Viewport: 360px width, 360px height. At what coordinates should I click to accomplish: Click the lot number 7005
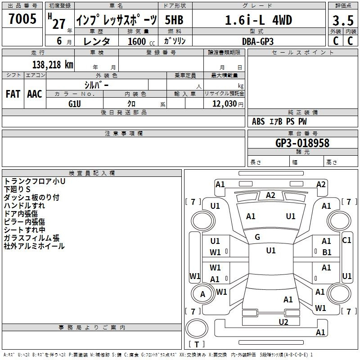click(x=22, y=18)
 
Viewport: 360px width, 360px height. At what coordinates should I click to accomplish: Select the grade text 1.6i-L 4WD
click(x=258, y=20)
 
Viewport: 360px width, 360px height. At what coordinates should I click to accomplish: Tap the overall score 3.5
click(x=343, y=20)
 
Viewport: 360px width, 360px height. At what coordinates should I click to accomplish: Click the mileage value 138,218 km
click(x=53, y=65)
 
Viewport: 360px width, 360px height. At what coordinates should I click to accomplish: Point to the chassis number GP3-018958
click(x=302, y=143)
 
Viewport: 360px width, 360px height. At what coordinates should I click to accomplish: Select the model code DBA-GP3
click(x=258, y=41)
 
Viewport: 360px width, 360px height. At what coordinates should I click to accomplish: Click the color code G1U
click(x=75, y=104)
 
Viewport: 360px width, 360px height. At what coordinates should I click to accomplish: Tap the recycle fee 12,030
click(x=225, y=104)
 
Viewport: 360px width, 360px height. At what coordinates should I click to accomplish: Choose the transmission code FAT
click(x=13, y=94)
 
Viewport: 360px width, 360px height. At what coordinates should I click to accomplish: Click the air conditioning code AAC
click(x=35, y=94)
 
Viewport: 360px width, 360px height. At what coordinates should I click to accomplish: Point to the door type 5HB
click(x=174, y=20)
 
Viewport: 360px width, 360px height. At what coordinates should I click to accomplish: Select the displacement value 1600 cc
click(x=141, y=41)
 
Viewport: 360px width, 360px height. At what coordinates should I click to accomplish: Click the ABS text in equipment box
click(x=258, y=121)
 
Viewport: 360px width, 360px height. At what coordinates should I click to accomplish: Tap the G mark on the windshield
click(x=257, y=237)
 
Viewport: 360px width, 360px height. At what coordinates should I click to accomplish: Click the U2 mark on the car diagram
click(x=283, y=322)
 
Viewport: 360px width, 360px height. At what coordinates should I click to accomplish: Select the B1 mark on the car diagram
click(x=327, y=252)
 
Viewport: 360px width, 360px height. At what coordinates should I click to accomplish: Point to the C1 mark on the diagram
click(x=346, y=240)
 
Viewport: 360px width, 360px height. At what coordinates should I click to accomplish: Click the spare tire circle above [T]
click(x=197, y=328)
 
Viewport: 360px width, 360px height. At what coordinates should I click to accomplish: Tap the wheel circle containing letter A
click(x=203, y=294)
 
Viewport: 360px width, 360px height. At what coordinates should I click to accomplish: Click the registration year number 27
click(x=59, y=24)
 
